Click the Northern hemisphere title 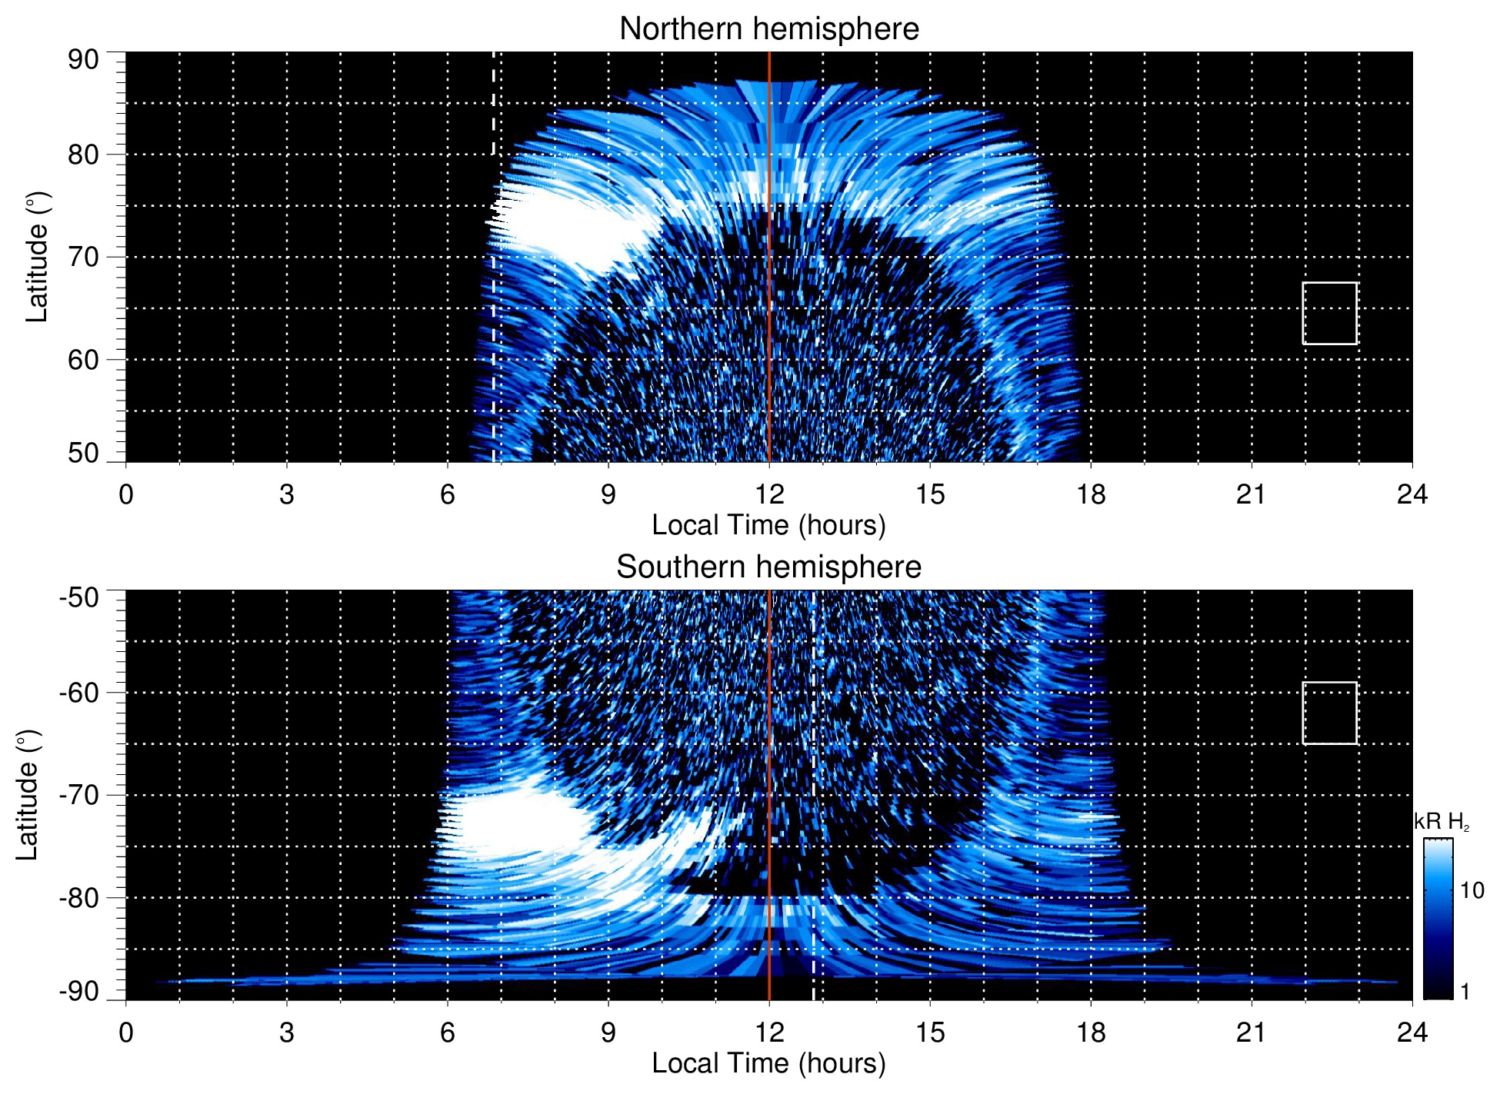tap(768, 29)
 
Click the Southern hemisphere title tap(768, 567)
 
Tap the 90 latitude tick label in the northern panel tap(83, 60)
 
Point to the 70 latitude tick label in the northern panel tap(83, 257)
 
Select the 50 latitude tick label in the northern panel tap(83, 453)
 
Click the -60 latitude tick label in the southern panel tap(79, 693)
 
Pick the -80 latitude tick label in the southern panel tap(79, 897)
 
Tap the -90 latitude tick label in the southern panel tap(79, 991)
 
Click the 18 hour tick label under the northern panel tap(1091, 494)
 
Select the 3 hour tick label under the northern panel tap(287, 494)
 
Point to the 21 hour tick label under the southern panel tap(1252, 1032)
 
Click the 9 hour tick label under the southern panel tap(608, 1032)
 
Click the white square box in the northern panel tap(1329, 313)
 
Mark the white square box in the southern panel tap(1329, 713)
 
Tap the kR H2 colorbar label tap(1441, 822)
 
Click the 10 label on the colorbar tap(1472, 890)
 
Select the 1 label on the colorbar tap(1465, 991)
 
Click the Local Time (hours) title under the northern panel tap(768, 525)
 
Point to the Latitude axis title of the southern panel tap(28, 795)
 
